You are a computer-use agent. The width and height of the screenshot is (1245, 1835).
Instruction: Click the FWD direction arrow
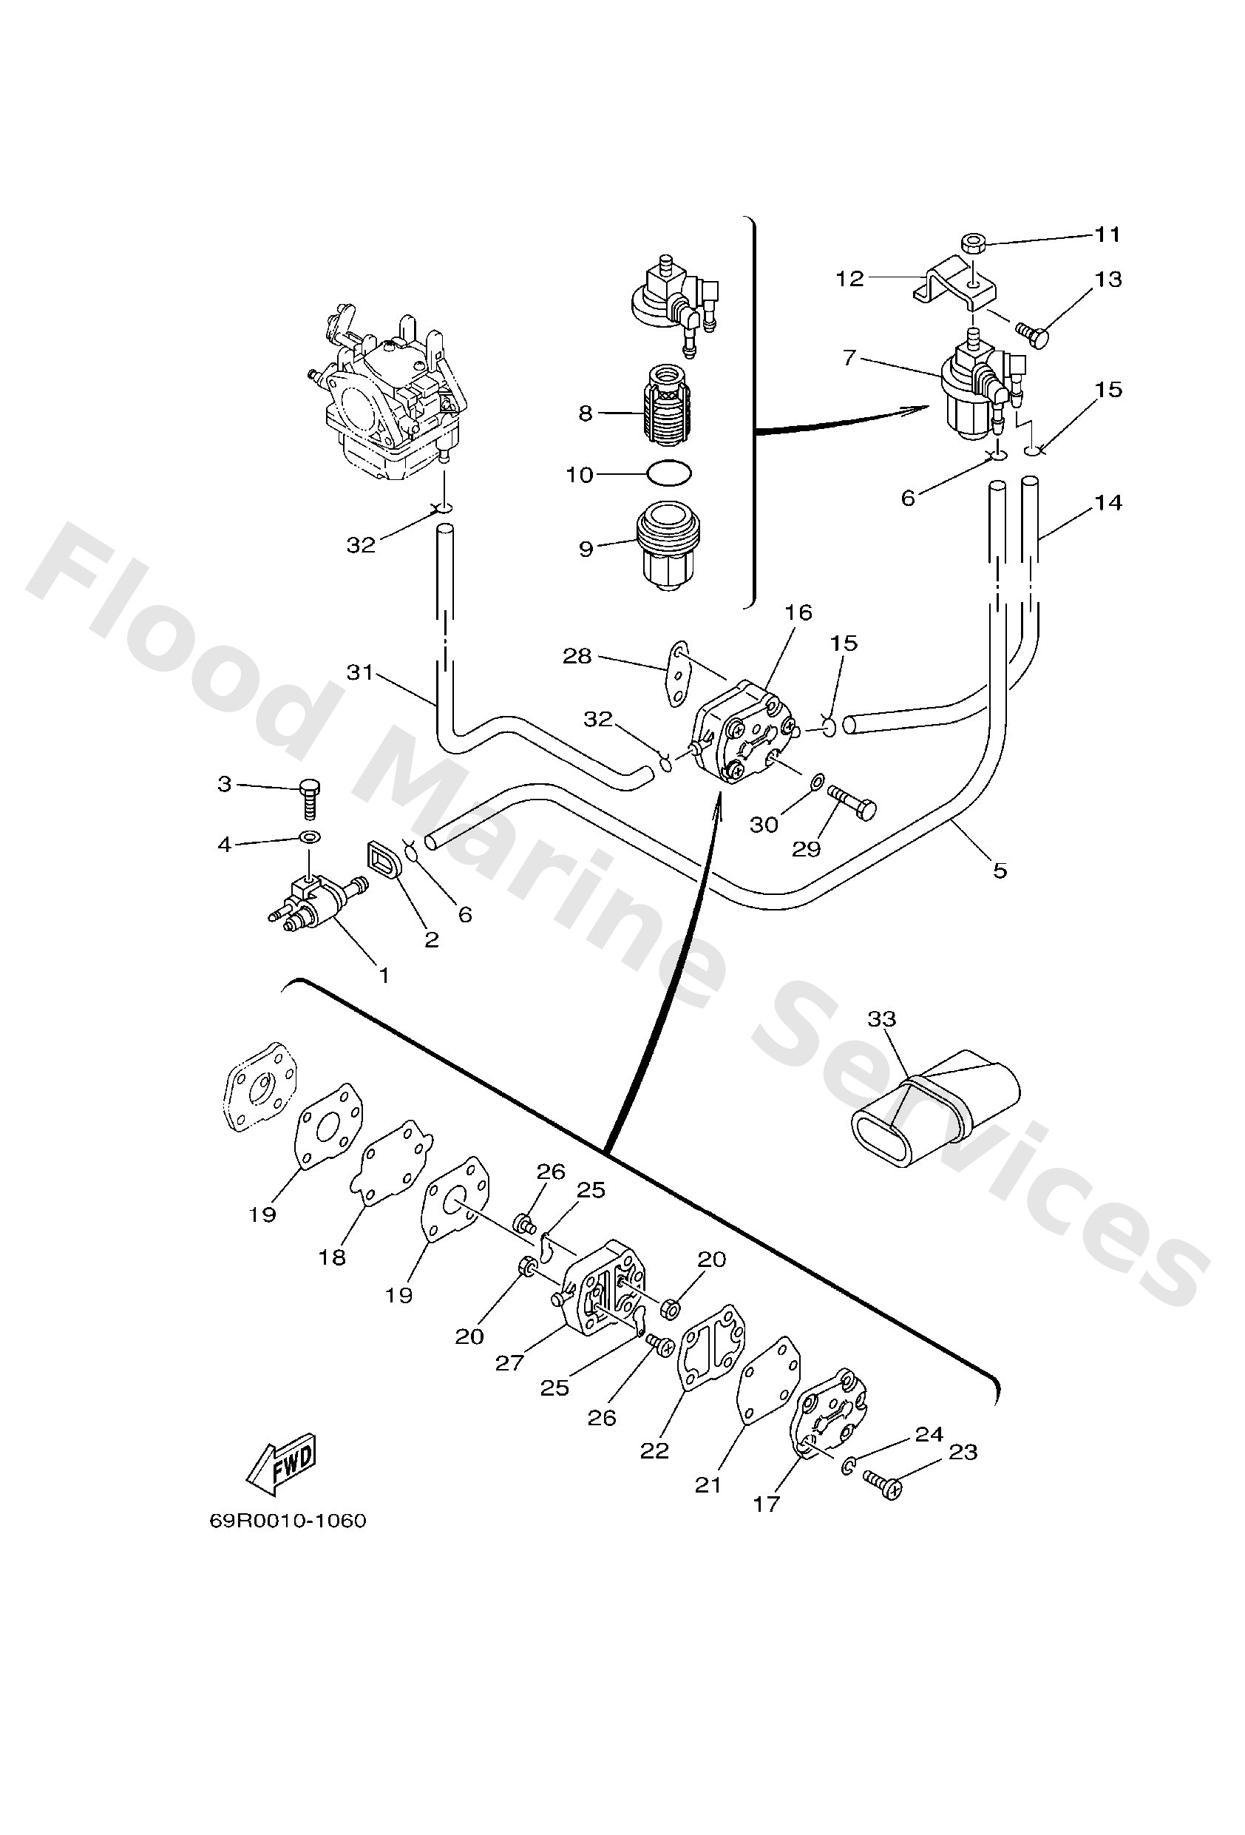(x=282, y=1462)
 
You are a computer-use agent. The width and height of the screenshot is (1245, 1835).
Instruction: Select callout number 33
(x=882, y=1018)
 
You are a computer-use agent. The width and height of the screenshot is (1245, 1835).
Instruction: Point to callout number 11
(x=1107, y=234)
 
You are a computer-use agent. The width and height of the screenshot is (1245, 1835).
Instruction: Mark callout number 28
(x=577, y=656)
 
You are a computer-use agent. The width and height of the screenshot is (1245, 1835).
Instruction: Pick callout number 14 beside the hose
(x=1107, y=502)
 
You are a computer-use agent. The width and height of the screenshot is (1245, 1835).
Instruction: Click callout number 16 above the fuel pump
(x=798, y=612)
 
